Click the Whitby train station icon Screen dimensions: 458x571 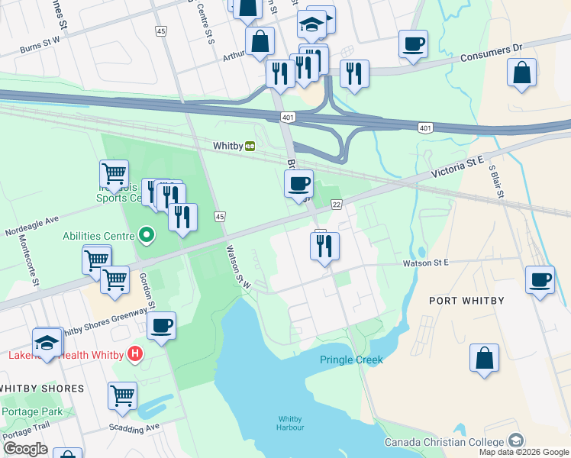point(250,146)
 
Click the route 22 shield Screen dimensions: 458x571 point(336,204)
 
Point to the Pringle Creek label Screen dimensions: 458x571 point(350,360)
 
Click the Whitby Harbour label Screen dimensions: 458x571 point(290,423)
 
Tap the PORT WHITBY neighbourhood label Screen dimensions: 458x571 point(466,301)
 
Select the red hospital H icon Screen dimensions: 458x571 point(135,353)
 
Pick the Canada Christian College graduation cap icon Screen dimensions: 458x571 point(516,441)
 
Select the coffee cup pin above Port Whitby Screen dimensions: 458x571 point(540,279)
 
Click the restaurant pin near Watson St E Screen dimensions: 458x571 point(324,246)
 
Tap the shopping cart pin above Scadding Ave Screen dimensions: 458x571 point(122,395)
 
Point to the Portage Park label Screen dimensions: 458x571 point(31,411)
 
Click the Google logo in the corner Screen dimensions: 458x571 point(25,449)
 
